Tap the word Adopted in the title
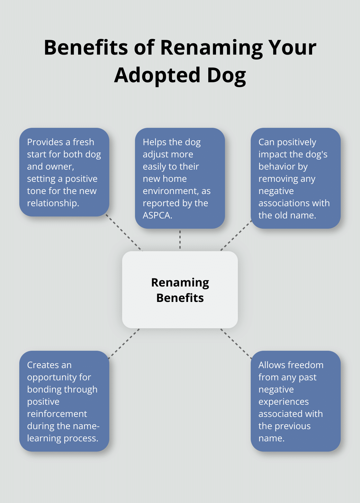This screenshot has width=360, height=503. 157,75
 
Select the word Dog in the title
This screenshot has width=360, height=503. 226,75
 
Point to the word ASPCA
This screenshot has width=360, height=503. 157,215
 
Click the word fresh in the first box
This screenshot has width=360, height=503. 83,142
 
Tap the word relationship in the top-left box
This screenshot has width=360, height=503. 53,203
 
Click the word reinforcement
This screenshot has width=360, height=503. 57,414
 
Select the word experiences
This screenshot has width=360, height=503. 283,402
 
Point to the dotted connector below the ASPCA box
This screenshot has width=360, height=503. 180,239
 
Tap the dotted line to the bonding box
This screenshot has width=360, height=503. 124,343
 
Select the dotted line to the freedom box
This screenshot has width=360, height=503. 236,343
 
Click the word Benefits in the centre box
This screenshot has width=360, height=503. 180,298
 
